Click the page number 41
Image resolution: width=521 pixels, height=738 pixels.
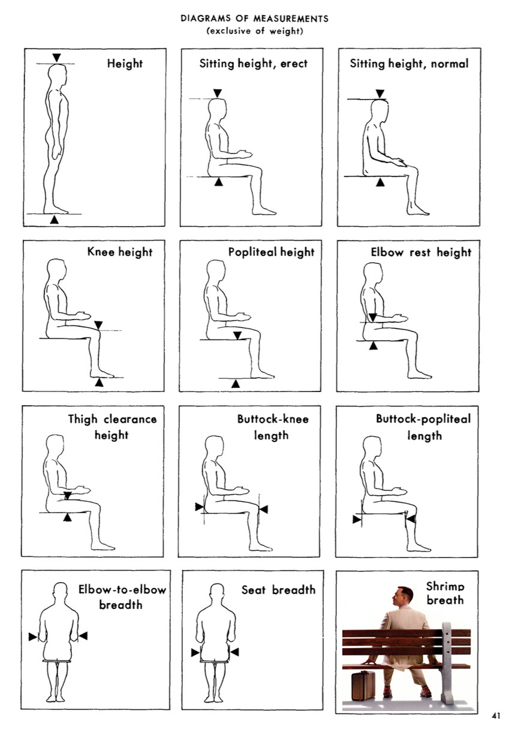click(x=496, y=715)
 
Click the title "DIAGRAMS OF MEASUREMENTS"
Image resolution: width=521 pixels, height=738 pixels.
click(x=254, y=19)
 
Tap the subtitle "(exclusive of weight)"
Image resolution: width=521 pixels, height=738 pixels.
click(x=254, y=31)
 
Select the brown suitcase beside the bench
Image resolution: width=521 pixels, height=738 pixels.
click(x=363, y=685)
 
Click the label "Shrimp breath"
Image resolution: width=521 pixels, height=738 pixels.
click(x=445, y=593)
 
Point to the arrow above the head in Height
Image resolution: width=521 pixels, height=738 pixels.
click(x=56, y=58)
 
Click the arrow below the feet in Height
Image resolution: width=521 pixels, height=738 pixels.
click(x=55, y=220)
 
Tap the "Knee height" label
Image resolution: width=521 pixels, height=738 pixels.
click(x=120, y=252)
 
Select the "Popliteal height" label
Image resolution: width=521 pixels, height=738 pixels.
click(x=271, y=252)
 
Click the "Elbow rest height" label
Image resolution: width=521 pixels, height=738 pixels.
click(x=421, y=252)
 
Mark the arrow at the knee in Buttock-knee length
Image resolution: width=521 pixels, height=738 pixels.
click(x=263, y=509)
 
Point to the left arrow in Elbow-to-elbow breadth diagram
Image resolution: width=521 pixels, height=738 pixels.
click(x=32, y=637)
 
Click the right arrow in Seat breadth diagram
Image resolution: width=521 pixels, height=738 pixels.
click(x=234, y=652)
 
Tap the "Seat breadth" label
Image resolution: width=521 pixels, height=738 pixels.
click(x=278, y=590)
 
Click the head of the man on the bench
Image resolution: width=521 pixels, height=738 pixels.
click(x=405, y=597)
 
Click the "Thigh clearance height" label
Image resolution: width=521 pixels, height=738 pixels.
click(x=112, y=426)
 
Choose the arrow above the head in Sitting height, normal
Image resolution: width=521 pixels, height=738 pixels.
click(x=380, y=94)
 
